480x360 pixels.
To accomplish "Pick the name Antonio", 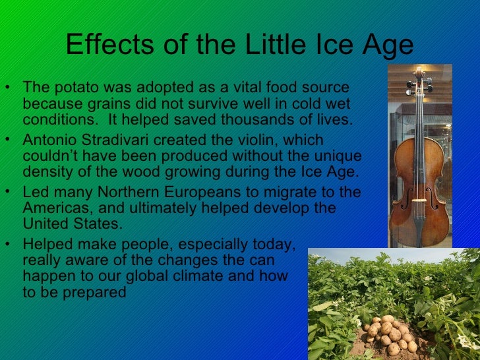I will [x=51, y=140].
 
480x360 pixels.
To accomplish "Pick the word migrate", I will [x=285, y=192].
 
